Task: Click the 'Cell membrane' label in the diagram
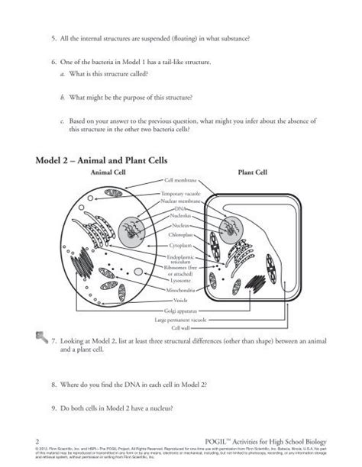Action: tap(180, 180)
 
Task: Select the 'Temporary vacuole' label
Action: tap(181, 195)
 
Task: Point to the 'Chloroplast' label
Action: tap(181, 236)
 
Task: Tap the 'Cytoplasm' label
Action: tap(181, 246)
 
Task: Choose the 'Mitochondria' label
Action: tap(181, 291)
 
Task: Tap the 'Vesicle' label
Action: tap(181, 300)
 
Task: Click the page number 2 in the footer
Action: tap(37, 441)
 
